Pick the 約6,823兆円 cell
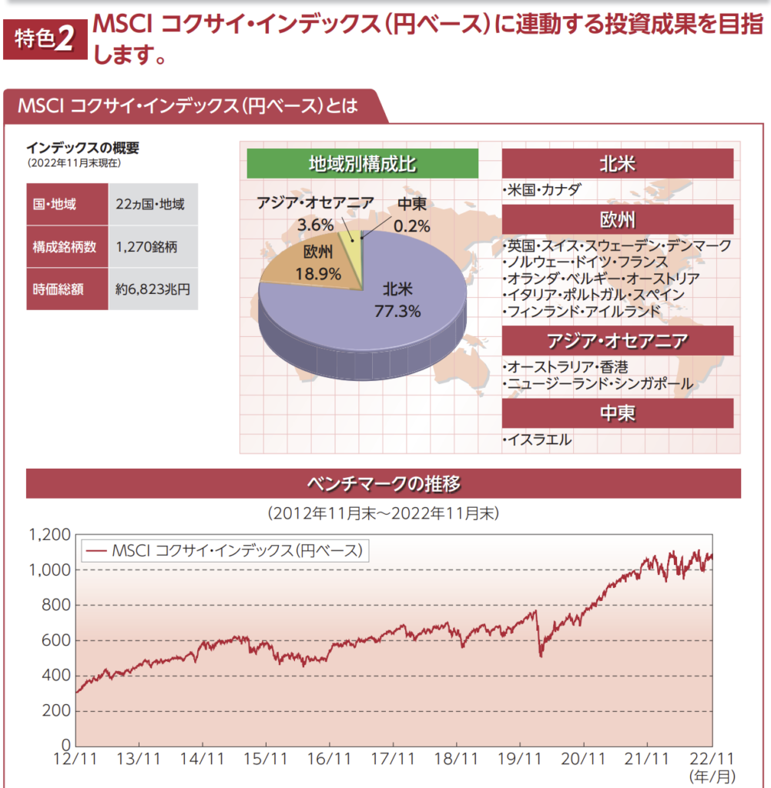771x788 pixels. (153, 289)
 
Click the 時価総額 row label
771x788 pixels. (59, 289)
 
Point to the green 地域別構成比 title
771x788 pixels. (363, 163)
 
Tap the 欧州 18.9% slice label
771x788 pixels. (318, 262)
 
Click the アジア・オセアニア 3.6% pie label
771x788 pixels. (316, 215)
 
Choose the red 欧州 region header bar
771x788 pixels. (617, 219)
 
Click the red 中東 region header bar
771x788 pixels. (617, 413)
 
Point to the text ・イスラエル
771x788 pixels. (538, 440)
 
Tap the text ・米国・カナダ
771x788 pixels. (540, 189)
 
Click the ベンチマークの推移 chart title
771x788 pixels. (384, 483)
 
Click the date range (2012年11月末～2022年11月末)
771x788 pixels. (383, 513)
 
